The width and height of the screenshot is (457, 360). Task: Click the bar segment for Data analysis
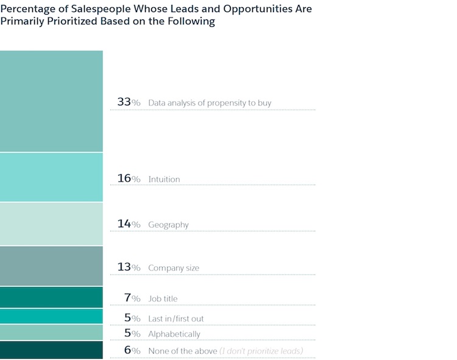tap(51, 101)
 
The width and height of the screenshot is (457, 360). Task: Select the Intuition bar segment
tap(51, 177)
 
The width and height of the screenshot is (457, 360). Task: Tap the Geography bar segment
tap(51, 224)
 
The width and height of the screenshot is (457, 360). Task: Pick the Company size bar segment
tap(51, 266)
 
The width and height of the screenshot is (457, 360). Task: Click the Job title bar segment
tap(51, 297)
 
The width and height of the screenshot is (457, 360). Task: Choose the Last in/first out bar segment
tap(51, 316)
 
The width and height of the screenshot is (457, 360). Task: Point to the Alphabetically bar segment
tap(51, 332)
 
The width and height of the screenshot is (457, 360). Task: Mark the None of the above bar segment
tap(51, 350)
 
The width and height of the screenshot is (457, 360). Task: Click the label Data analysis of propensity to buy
tap(210, 104)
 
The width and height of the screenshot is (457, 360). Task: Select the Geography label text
tap(168, 225)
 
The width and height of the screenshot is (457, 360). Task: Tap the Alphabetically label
tap(174, 334)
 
